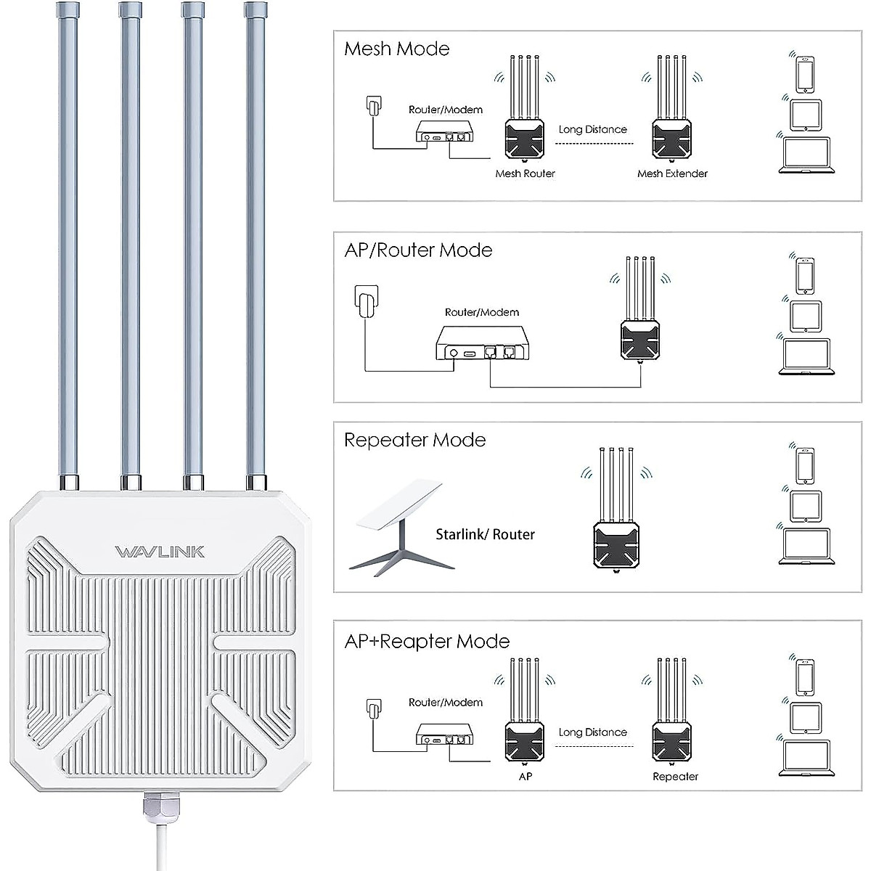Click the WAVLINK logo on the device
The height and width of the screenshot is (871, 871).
[x=160, y=552]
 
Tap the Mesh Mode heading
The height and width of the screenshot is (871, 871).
[x=396, y=49]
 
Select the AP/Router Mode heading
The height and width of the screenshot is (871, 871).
[x=418, y=250]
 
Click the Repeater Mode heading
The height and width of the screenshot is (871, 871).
[x=414, y=440]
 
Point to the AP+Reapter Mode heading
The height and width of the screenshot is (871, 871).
[x=427, y=642]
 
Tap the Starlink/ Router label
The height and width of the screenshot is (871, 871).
[x=485, y=535]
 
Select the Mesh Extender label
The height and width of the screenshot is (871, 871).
[x=672, y=173]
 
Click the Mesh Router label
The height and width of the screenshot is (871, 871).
[x=525, y=173]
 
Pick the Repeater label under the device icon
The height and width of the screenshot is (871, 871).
[x=675, y=777]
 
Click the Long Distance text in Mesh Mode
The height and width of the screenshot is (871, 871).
[x=592, y=130]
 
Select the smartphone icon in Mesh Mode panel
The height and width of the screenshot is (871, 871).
[x=805, y=74]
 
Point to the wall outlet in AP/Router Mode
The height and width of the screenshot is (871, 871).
[x=366, y=300]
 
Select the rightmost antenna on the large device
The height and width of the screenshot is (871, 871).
[x=255, y=240]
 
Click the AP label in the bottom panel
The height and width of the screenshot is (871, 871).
[x=526, y=777]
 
